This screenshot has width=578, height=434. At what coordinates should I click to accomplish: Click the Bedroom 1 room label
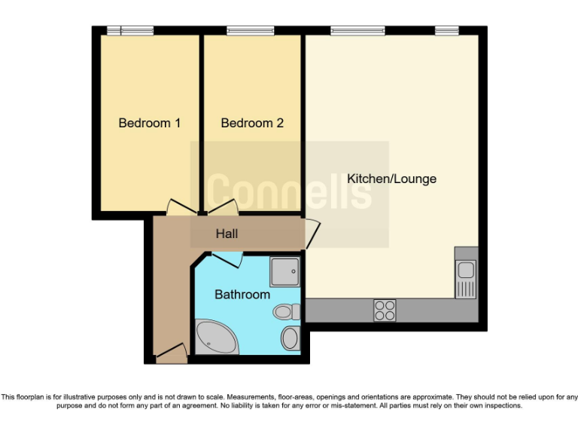coord(149,123)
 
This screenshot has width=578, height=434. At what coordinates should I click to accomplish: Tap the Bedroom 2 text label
coord(252,123)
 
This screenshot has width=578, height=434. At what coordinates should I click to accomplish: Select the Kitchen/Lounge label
coord(391,179)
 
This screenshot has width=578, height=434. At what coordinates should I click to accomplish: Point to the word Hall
coord(227,234)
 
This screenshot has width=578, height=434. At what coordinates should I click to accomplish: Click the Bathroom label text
coord(242,295)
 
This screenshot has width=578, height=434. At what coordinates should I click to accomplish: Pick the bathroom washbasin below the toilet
coord(290,338)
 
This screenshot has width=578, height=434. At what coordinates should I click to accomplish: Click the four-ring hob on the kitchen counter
coord(385,310)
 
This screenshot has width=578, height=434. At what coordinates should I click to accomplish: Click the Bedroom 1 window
coord(129,31)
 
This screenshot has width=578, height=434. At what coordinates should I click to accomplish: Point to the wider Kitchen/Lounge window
coord(357,31)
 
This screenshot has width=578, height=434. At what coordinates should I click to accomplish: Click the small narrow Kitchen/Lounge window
coord(446,31)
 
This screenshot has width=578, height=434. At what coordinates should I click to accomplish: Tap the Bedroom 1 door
coord(181,207)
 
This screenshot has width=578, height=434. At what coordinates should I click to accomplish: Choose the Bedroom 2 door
coord(223,206)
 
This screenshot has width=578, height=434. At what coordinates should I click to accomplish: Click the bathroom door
coord(226,258)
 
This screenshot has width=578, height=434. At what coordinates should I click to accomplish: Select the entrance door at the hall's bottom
coord(171,352)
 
